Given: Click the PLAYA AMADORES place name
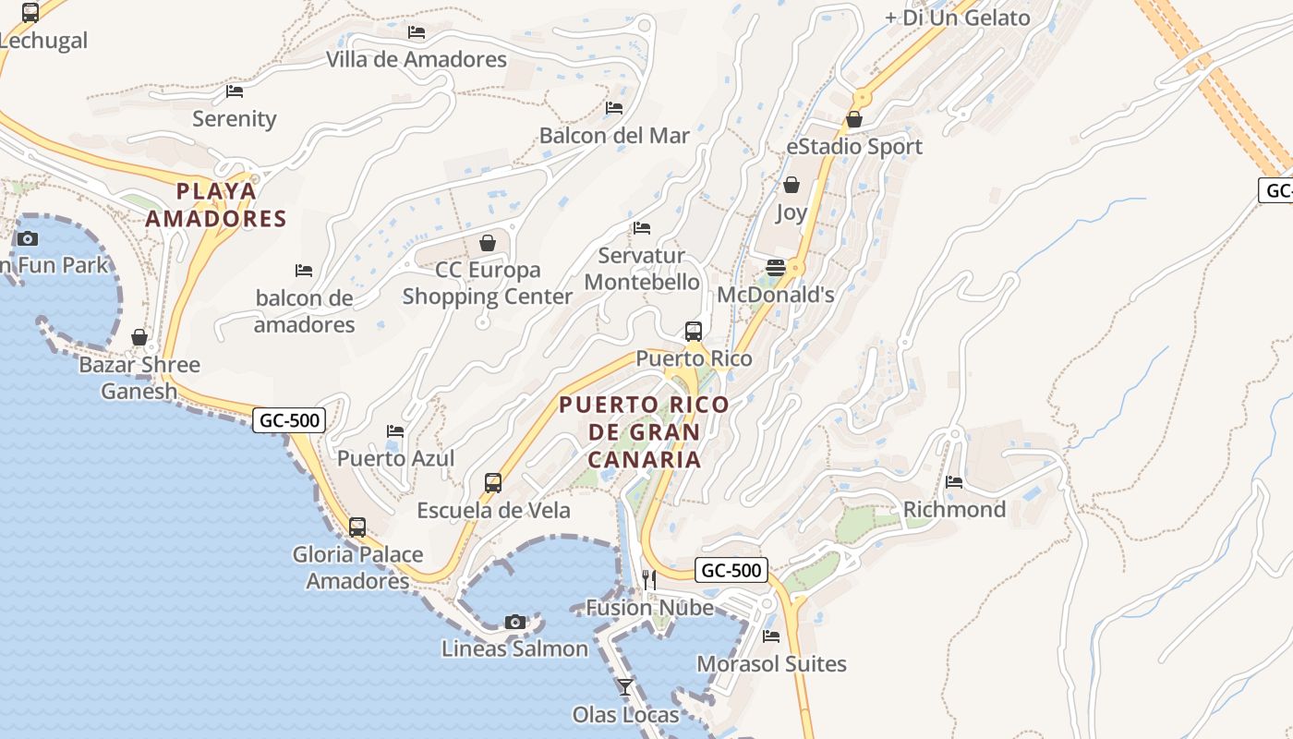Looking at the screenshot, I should pyautogui.click(x=216, y=205).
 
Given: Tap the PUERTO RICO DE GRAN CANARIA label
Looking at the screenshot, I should pyautogui.click(x=644, y=431).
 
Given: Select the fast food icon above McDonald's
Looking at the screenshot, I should pyautogui.click(x=776, y=268).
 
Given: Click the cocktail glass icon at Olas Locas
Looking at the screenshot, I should pyautogui.click(x=625, y=686).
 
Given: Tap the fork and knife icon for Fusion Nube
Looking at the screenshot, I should pyautogui.click(x=649, y=579).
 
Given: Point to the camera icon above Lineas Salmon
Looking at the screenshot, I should pyautogui.click(x=515, y=622).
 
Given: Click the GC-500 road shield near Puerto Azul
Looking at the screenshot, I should pyautogui.click(x=289, y=420).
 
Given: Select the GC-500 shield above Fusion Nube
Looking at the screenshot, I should pyautogui.click(x=731, y=570).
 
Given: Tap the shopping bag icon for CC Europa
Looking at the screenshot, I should pyautogui.click(x=488, y=243).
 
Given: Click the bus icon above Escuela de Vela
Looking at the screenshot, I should pyautogui.click(x=493, y=482).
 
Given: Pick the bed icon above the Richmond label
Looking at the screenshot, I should pyautogui.click(x=954, y=481).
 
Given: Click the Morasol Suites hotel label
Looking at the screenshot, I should pyautogui.click(x=771, y=663).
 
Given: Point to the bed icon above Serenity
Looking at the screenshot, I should pyautogui.click(x=235, y=91).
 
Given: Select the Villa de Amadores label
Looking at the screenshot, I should pyautogui.click(x=417, y=59).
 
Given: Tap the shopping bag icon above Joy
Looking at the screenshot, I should pyautogui.click(x=791, y=186).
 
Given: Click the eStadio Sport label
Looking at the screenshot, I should pyautogui.click(x=854, y=147).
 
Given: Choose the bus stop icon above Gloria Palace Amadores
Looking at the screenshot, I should pyautogui.click(x=357, y=527).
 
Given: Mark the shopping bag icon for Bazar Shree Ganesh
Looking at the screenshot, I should pyautogui.click(x=139, y=337).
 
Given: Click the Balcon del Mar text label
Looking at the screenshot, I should pyautogui.click(x=614, y=136).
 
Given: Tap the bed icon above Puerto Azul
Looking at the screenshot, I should pyautogui.click(x=395, y=430).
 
